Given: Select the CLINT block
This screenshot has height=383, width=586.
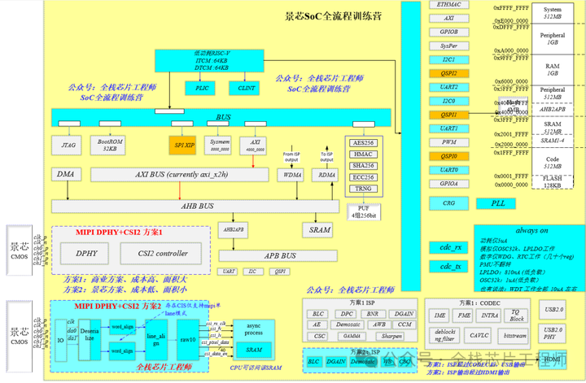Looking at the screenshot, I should (247, 87).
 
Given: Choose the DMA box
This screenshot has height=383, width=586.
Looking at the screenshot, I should (65, 175).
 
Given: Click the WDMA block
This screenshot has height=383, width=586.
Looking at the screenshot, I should (292, 175).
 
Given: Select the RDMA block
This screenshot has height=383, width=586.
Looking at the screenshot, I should (326, 175).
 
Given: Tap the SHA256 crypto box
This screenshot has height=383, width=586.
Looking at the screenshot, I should (363, 165).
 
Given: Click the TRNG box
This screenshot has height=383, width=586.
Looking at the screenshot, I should (363, 188).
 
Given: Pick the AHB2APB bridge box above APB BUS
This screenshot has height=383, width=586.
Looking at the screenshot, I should (234, 229).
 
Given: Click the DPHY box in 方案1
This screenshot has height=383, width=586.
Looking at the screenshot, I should (87, 254).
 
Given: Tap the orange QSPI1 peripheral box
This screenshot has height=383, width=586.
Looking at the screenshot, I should (449, 115).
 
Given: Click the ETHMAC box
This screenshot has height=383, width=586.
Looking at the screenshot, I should (449, 5).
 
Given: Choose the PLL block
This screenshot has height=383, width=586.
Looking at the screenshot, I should (497, 203).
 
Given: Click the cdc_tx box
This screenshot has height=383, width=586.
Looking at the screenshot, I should (451, 266).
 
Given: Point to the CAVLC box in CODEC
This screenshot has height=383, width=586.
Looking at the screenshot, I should (479, 334).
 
